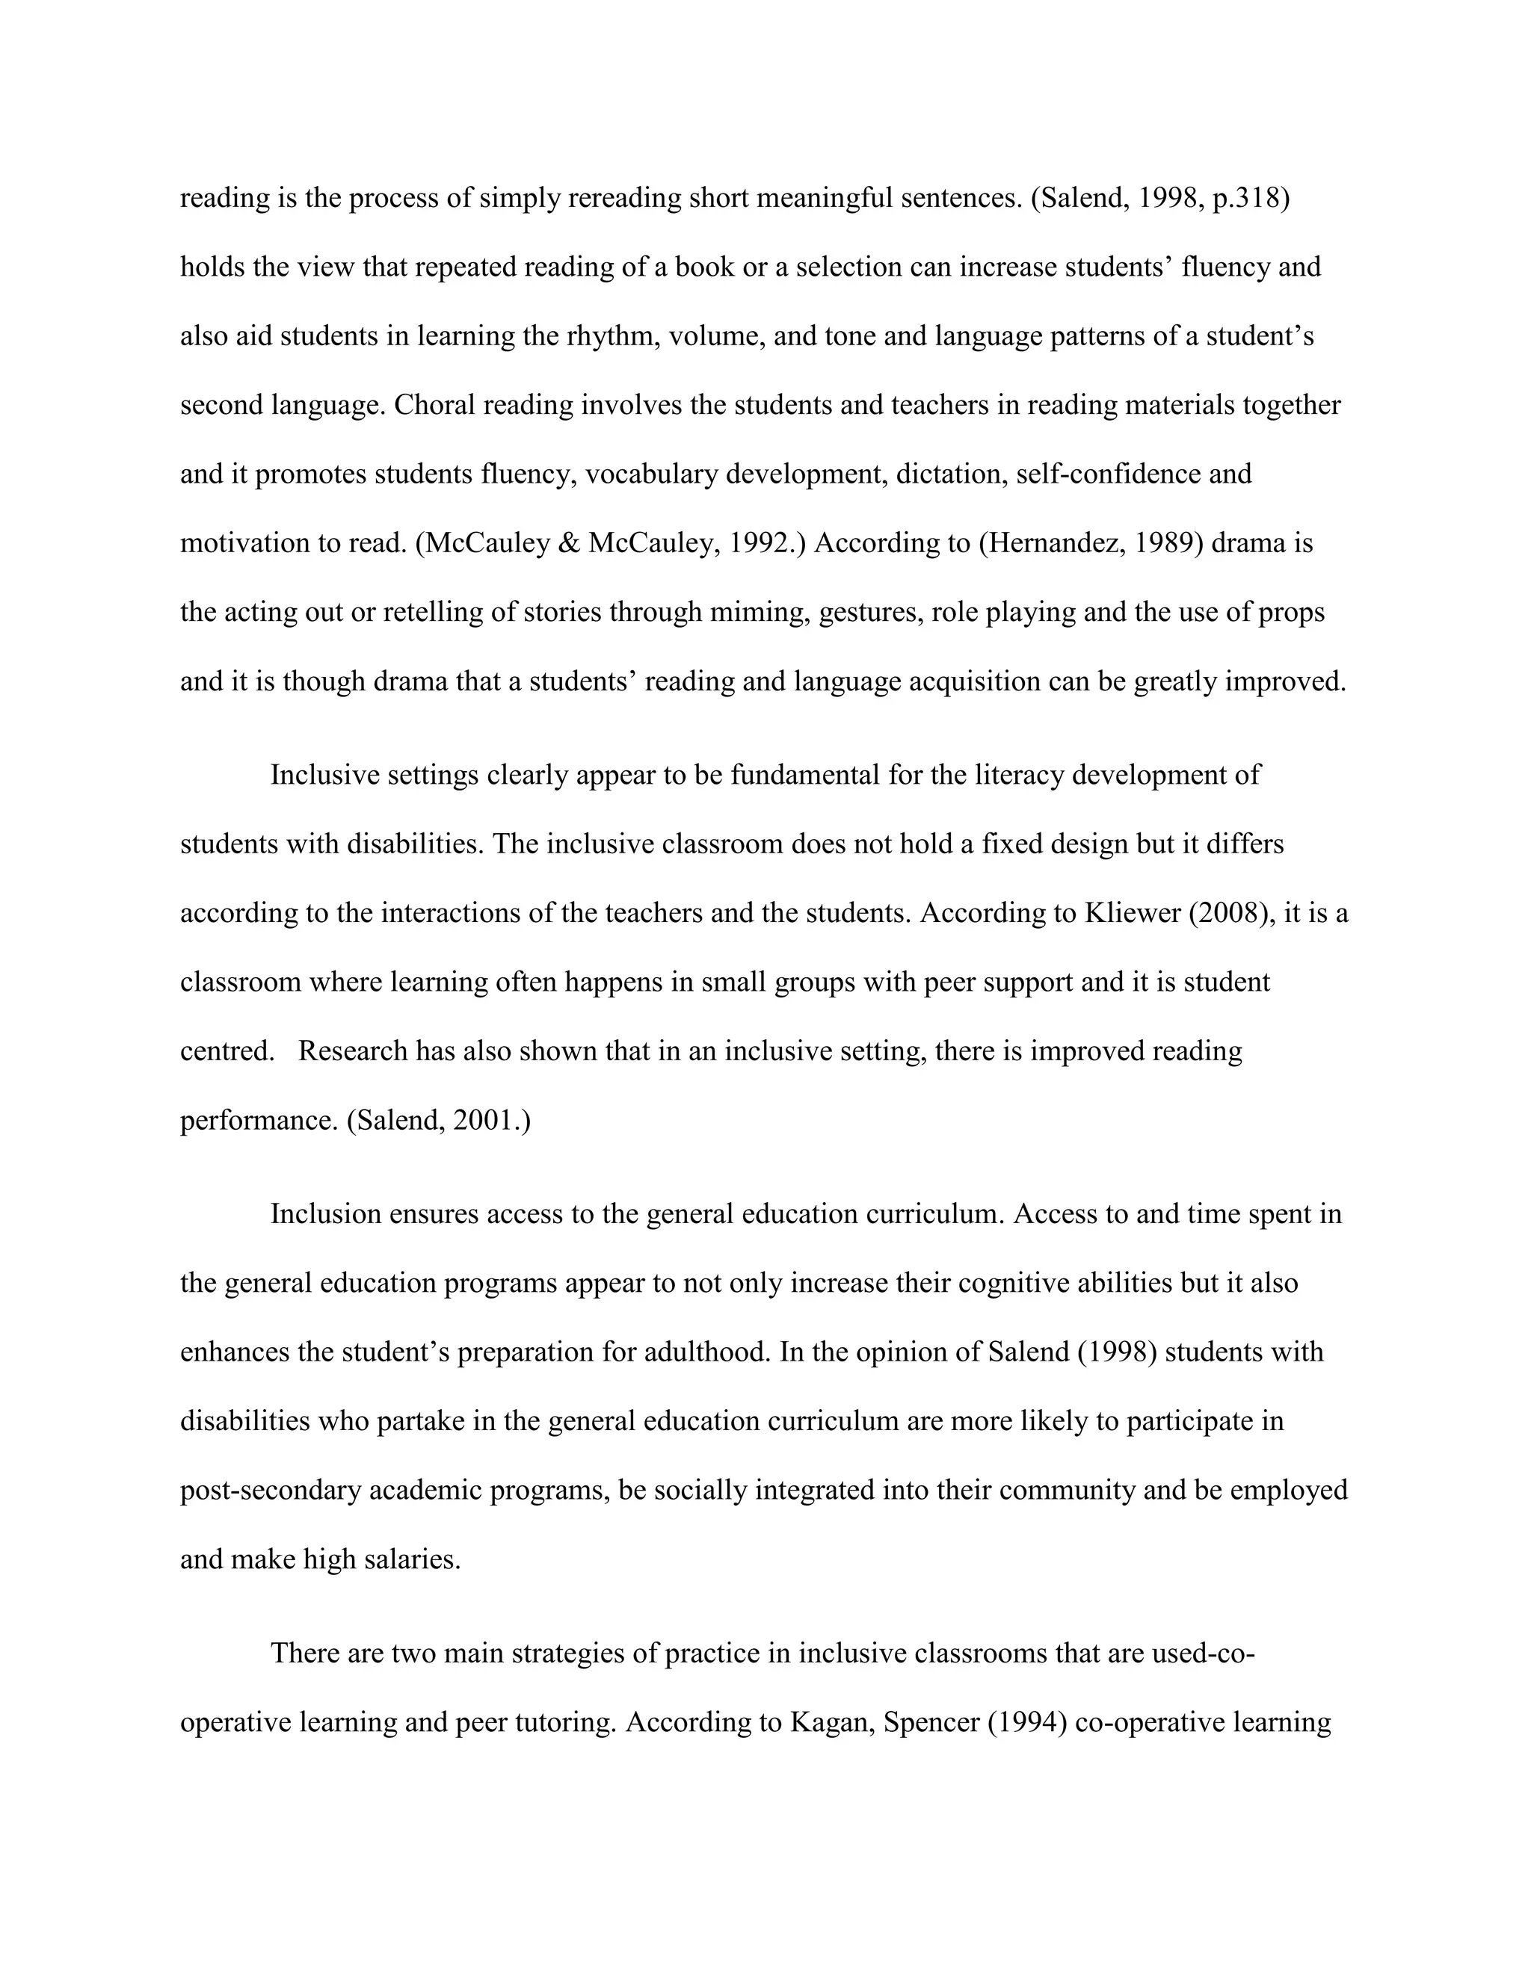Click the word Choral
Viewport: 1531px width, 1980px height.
coord(434,405)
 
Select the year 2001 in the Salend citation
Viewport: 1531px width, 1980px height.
coord(484,1121)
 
